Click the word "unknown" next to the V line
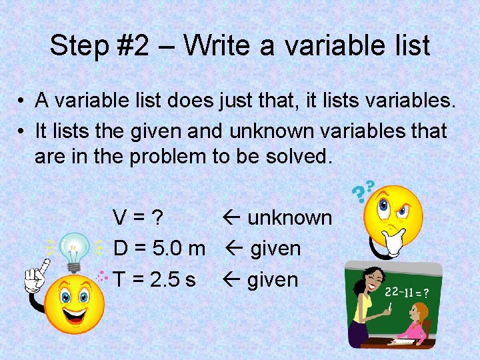pos(290,218)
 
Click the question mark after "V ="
pos(158,218)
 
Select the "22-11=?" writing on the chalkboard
pos(406,292)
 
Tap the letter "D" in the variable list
pos(121,249)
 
